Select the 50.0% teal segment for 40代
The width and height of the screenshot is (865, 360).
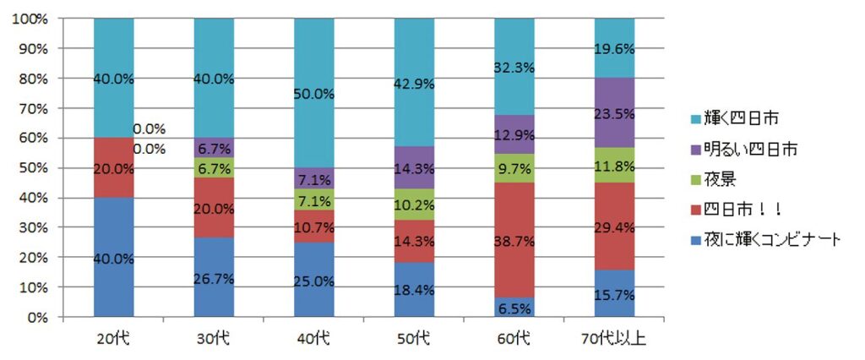point(314,93)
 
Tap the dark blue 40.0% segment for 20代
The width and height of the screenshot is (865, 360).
point(113,258)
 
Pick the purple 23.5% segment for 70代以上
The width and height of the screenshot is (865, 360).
point(614,113)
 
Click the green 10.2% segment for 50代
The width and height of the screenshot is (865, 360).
point(414,206)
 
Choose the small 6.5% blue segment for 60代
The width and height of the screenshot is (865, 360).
point(514,308)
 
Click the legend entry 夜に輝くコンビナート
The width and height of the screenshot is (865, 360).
point(764,239)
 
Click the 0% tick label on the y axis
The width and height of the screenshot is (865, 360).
point(37,318)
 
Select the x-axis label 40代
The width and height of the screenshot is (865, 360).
point(314,339)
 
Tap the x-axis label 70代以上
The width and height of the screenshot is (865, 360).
point(614,339)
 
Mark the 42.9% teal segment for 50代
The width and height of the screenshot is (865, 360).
point(414,85)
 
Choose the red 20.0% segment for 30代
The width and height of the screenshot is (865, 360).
point(214,208)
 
